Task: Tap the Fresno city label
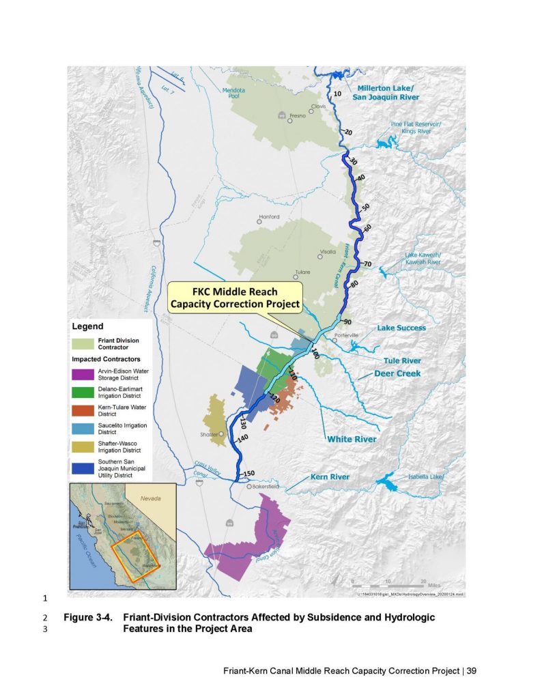pos(297,117)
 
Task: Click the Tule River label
pos(401,360)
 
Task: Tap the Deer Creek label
pos(397,374)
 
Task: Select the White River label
pos(351,440)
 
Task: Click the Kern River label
pos(330,476)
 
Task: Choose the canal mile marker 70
pos(367,263)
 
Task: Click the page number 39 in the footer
pos(471,670)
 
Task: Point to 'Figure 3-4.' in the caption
pos(87,617)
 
